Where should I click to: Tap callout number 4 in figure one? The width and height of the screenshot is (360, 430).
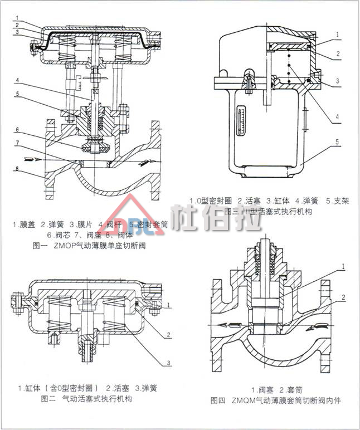tap(17, 80)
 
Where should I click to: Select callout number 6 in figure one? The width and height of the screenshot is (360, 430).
tap(17, 129)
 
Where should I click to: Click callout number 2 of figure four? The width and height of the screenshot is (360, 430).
tap(344, 297)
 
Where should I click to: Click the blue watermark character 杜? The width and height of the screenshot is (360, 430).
tap(187, 218)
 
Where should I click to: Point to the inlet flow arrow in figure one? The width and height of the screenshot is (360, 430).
tap(21, 159)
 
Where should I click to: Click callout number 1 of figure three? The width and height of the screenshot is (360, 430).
tap(337, 33)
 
